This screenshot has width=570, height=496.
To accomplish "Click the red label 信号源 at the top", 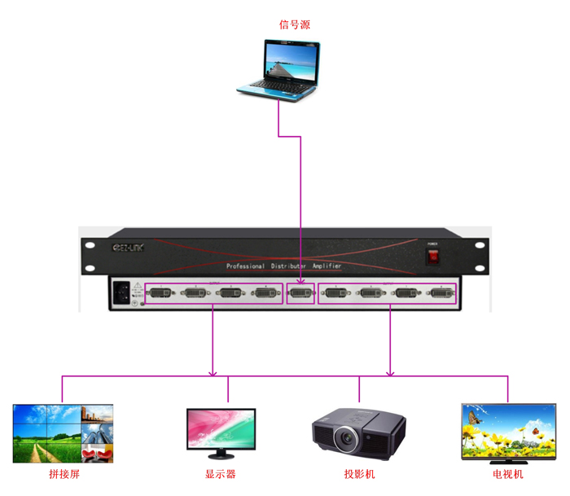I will click(295, 24).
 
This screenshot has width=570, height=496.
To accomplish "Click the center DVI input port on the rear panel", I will click(300, 293).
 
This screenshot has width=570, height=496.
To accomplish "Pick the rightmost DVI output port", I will click(436, 293).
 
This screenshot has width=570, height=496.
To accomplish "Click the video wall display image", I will click(63, 433).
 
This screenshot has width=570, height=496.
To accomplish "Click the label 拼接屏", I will click(64, 474).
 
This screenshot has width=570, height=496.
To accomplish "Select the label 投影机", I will click(359, 474).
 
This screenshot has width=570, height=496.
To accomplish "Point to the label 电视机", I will click(507, 474).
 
